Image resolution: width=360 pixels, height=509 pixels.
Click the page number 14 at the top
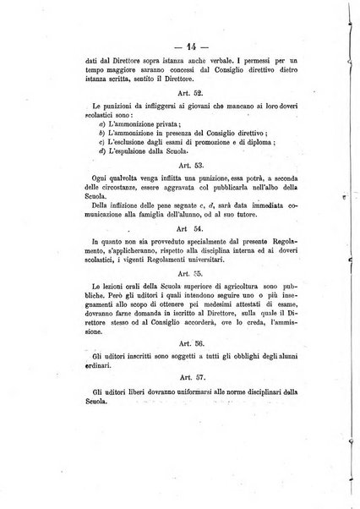coord(180,45)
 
